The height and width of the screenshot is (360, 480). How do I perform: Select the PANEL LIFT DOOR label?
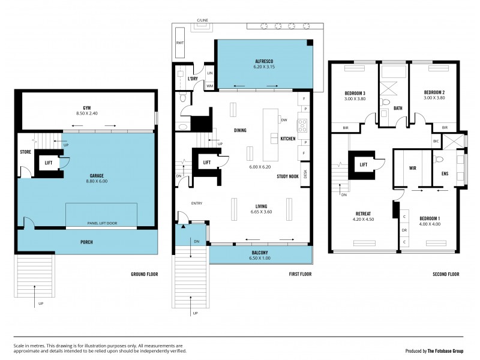click(x=102, y=223)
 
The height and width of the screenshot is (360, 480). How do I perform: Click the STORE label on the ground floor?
click(x=25, y=152)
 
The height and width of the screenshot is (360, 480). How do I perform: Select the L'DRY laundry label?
click(x=193, y=79)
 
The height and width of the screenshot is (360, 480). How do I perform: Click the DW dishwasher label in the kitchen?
click(x=283, y=120)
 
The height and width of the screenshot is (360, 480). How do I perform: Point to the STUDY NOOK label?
click(x=288, y=176)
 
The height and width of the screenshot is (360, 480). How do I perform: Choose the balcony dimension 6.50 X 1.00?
click(x=260, y=259)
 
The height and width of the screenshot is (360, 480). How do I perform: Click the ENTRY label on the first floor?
click(x=197, y=203)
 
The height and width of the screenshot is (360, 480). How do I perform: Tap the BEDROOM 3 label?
click(x=355, y=93)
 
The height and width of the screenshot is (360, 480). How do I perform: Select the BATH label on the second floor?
click(x=398, y=109)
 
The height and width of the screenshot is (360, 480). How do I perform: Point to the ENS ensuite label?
click(x=445, y=173)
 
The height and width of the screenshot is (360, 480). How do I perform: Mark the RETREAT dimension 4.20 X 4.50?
click(x=363, y=219)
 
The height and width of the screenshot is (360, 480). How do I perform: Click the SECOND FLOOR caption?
click(x=446, y=274)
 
